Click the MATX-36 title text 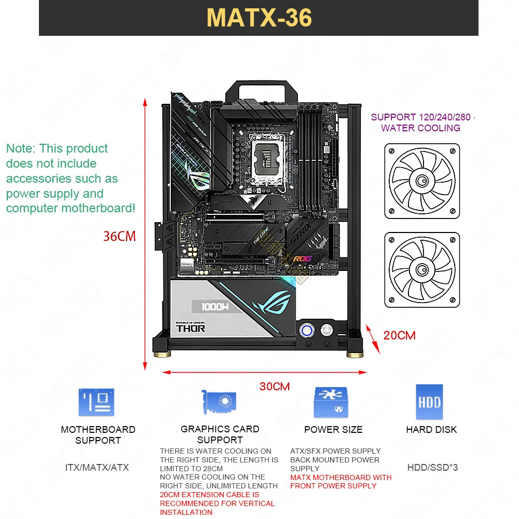click(x=259, y=17)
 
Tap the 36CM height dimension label click(x=119, y=236)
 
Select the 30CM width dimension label click(x=275, y=387)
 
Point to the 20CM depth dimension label click(x=399, y=335)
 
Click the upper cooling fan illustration click(x=421, y=181)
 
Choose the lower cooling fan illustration click(x=421, y=270)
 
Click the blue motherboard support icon click(x=97, y=403)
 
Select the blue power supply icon click(x=331, y=402)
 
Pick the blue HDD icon click(x=429, y=402)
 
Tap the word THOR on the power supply click(x=190, y=328)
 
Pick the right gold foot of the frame click(x=354, y=354)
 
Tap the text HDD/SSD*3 click(x=432, y=467)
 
